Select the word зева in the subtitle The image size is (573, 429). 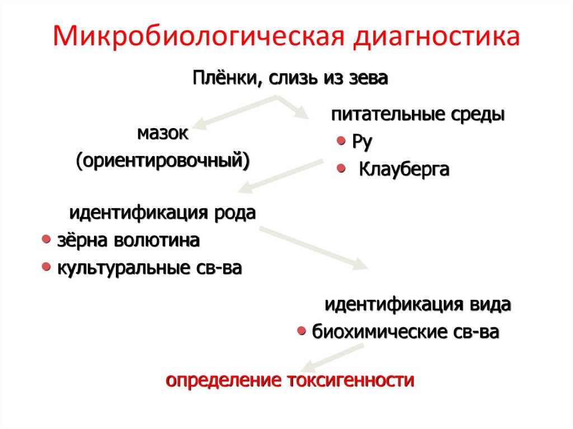[367, 77]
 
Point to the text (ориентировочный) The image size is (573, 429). [163, 161]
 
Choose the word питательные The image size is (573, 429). [387, 115]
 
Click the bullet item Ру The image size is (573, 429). [362, 142]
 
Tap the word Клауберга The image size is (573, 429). [403, 169]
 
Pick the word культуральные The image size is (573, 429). [121, 268]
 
